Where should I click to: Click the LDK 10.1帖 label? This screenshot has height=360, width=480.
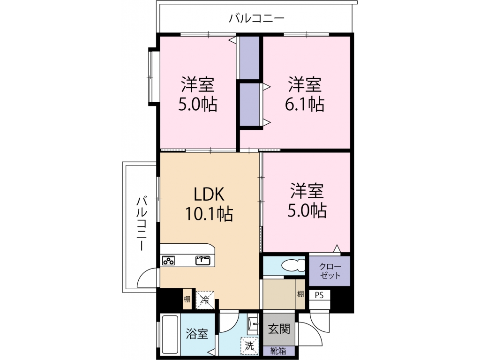pyautogui.click(x=209, y=203)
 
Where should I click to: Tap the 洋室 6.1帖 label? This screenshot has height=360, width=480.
pyautogui.click(x=305, y=94)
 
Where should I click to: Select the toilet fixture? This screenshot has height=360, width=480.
pyautogui.click(x=293, y=265)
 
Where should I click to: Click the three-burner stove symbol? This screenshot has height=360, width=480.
pyautogui.click(x=168, y=261)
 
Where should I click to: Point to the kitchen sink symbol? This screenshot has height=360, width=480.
pyautogui.click(x=203, y=260)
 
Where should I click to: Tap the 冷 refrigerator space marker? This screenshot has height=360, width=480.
pyautogui.click(x=205, y=300)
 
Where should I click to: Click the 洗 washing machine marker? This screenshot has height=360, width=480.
pyautogui.click(x=249, y=346)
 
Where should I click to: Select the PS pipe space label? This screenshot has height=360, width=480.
pyautogui.click(x=319, y=295)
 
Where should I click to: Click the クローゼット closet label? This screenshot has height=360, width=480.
pyautogui.click(x=330, y=271)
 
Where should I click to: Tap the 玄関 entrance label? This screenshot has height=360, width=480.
pyautogui.click(x=279, y=329)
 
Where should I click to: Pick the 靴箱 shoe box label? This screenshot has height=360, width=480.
pyautogui.click(x=278, y=351)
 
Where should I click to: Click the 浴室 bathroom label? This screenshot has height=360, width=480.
pyautogui.click(x=197, y=334)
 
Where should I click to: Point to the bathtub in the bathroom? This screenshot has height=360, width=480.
pyautogui.click(x=169, y=334)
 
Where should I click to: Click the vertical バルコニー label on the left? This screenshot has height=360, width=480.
pyautogui.click(x=142, y=224)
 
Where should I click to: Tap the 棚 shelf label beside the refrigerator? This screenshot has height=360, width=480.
pyautogui.click(x=187, y=299)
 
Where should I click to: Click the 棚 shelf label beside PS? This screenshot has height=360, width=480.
pyautogui.click(x=300, y=294)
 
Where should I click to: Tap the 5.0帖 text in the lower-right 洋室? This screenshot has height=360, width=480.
pyautogui.click(x=307, y=210)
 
